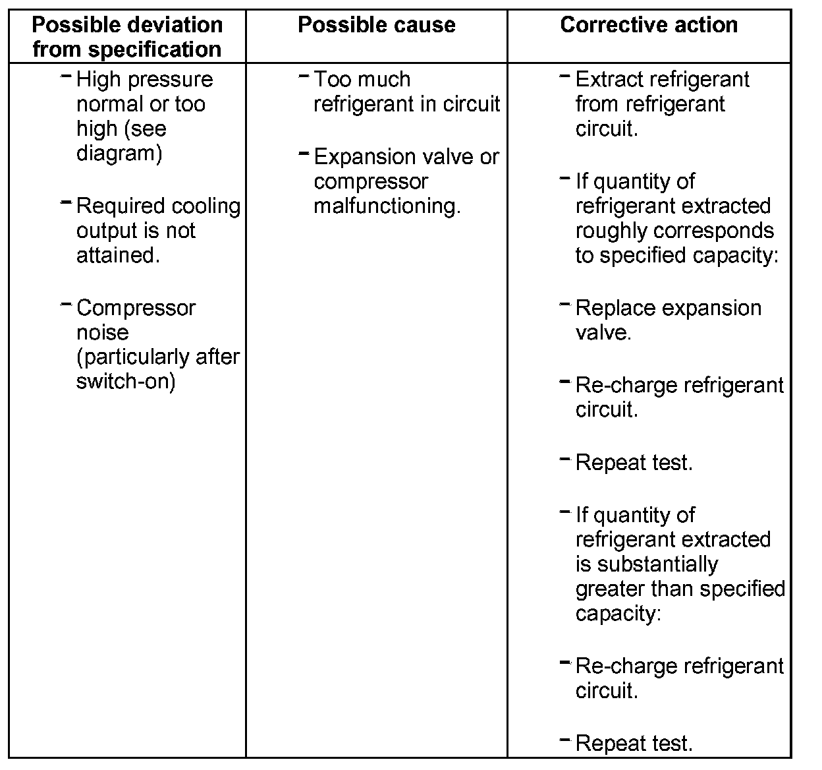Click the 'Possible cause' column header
click(x=376, y=25)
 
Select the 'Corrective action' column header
click(x=649, y=25)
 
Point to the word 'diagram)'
click(x=119, y=153)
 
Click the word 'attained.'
click(x=118, y=255)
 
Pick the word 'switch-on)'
click(x=126, y=382)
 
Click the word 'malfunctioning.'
click(x=387, y=206)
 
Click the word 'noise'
click(x=102, y=332)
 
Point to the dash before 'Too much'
click(x=304, y=76)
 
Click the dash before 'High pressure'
click(x=66, y=76)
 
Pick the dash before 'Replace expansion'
click(x=564, y=305)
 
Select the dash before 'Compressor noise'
click(x=66, y=305)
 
